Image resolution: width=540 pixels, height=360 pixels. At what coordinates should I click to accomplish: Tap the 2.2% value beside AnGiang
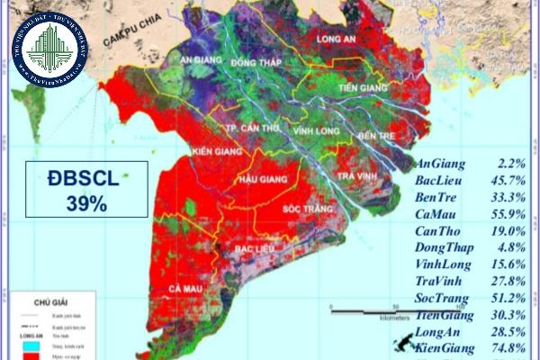pyautogui.click(x=510, y=165)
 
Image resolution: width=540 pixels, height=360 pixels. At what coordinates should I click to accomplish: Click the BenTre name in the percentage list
pyautogui.click(x=440, y=198)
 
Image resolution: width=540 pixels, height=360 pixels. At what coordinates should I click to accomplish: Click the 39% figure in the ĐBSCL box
pyautogui.click(x=86, y=204)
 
